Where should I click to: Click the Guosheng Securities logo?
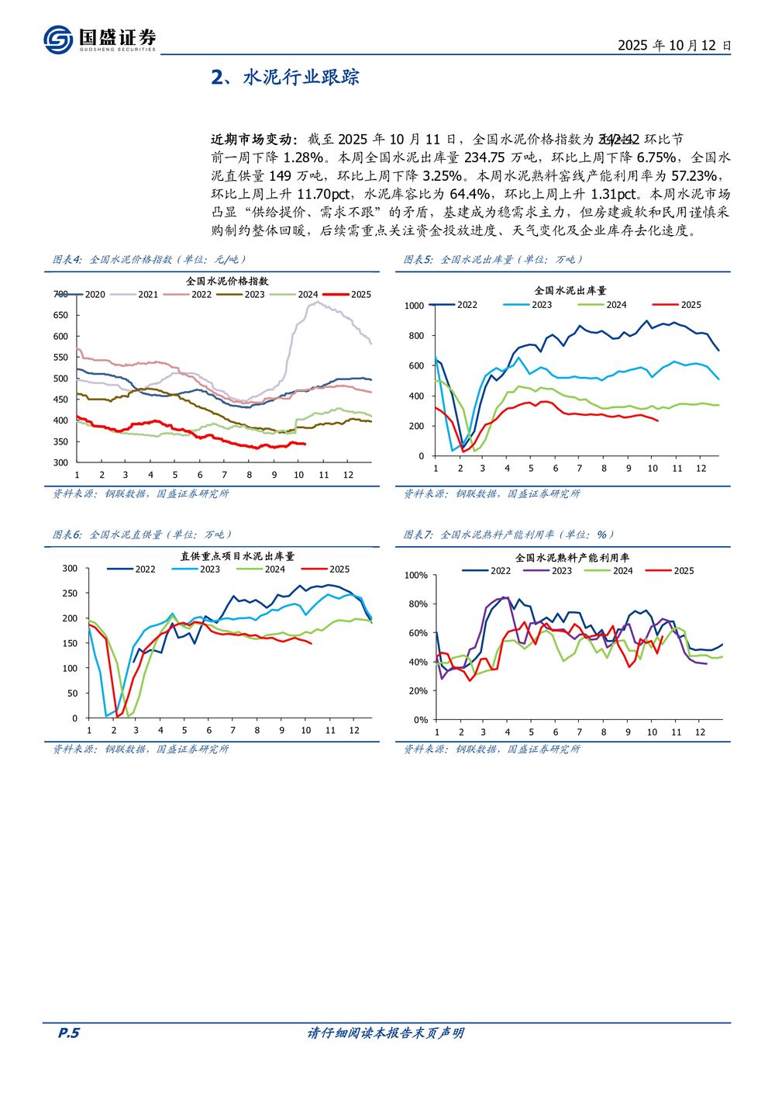tap(99, 39)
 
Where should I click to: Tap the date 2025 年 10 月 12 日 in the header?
tap(673, 45)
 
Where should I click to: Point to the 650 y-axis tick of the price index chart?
tap(60, 315)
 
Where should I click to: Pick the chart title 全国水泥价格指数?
tap(227, 281)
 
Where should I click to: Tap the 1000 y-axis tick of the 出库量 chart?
tap(415, 306)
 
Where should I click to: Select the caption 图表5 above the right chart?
tap(419, 260)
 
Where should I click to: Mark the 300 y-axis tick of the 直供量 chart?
tap(70, 569)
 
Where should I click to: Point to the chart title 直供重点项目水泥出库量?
tap(237, 556)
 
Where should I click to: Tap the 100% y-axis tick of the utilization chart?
tap(416, 576)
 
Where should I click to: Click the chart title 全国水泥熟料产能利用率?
tap(572, 558)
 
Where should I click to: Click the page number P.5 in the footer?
tap(69, 1033)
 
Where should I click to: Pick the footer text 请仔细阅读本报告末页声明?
tap(385, 1033)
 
